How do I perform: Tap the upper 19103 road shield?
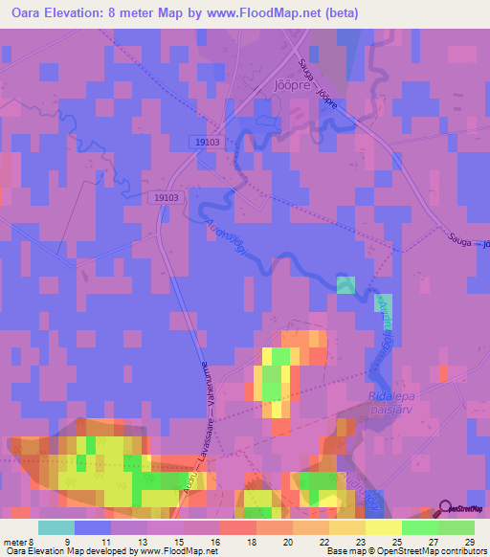click(205, 141)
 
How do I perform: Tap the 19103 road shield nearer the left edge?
click(166, 197)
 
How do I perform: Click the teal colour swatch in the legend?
click(56, 527)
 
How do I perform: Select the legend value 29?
click(468, 542)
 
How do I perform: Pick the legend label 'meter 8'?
click(18, 542)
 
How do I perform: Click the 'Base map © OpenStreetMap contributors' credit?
click(406, 551)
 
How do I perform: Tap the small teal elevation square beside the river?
click(345, 283)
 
